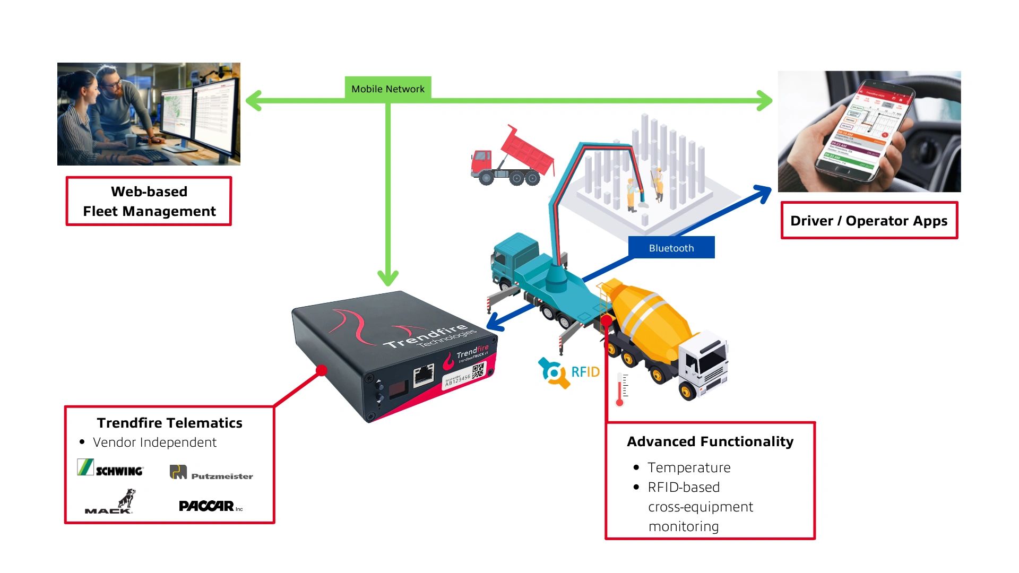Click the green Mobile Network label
[x=388, y=89]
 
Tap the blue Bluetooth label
[x=671, y=248]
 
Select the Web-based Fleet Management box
[x=149, y=202]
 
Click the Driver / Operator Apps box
[x=869, y=221]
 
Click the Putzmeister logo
[x=211, y=473]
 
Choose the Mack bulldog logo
[x=110, y=502]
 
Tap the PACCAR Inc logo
[x=210, y=506]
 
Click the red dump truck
[x=512, y=157]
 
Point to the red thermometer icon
[x=620, y=390]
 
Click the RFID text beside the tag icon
[x=585, y=372]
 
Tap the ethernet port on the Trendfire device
[x=424, y=376]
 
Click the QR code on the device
[x=478, y=370]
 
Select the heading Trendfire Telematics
[x=169, y=423]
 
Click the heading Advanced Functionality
[x=710, y=441]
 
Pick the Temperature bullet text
[x=689, y=467]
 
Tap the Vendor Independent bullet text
[x=154, y=442]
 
